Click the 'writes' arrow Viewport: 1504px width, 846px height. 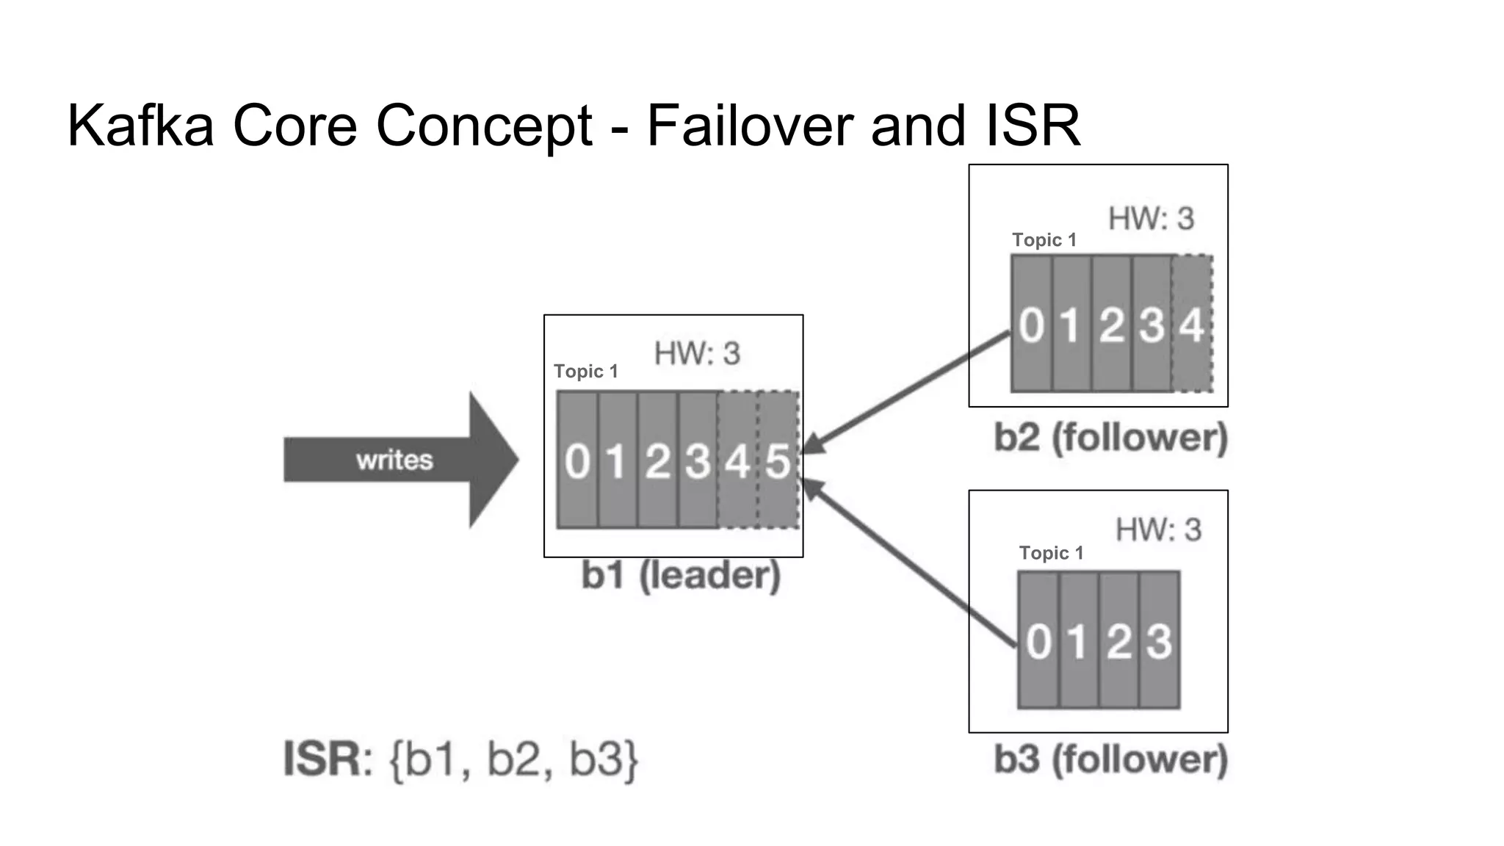coord(397,460)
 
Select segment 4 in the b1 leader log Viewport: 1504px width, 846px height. coord(737,460)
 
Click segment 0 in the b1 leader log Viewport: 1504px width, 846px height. coord(577,460)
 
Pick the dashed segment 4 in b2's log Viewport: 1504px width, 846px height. coord(1192,324)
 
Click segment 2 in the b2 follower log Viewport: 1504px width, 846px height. coord(1112,324)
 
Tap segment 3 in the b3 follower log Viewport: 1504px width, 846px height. coord(1160,640)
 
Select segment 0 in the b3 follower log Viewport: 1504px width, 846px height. coord(1038,640)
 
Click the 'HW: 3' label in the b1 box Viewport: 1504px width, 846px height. coord(697,354)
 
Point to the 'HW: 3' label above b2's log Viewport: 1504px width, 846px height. coord(1151,219)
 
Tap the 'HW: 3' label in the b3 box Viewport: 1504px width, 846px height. coord(1158,530)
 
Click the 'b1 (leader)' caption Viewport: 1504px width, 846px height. coord(681,575)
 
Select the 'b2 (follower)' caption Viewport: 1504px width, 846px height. coord(1110,438)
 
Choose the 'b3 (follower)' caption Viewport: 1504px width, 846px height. coord(1110,759)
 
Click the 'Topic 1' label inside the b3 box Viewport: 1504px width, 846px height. coord(1051,553)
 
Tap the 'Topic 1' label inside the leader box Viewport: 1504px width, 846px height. coord(585,372)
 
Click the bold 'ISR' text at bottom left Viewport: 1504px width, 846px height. coord(322,759)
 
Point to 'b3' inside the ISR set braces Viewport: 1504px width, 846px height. coord(596,759)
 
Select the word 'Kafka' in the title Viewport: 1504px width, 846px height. coord(140,125)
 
